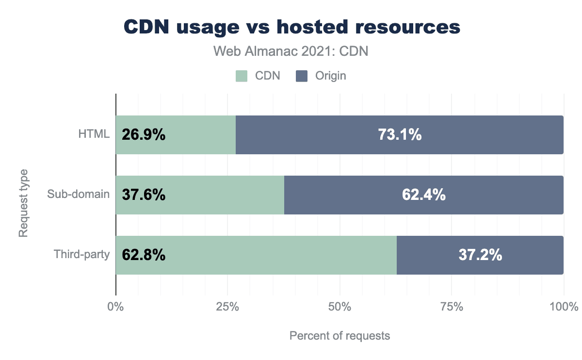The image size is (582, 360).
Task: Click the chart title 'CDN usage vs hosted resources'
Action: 291,28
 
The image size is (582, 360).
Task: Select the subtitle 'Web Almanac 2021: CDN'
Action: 291,52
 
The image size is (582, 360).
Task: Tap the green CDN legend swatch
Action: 242,76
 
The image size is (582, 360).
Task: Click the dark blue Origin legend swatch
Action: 302,76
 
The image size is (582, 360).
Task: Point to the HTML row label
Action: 94,135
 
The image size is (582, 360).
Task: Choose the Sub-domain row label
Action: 78,195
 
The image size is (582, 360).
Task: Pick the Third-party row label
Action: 81,255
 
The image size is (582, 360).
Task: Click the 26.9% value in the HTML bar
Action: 144,135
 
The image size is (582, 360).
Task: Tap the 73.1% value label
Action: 400,135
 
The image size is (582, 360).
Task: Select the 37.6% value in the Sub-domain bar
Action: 144,195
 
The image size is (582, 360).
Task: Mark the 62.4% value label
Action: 424,195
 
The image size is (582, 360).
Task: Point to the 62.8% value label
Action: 144,255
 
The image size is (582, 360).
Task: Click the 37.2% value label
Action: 480,255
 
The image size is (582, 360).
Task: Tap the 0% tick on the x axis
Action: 115,307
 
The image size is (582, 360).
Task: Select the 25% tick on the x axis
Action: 227,307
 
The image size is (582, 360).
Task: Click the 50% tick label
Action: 339,307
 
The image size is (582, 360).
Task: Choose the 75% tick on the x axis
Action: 452,307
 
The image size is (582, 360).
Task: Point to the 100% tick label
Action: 564,307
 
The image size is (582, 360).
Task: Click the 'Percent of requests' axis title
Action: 339,336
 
